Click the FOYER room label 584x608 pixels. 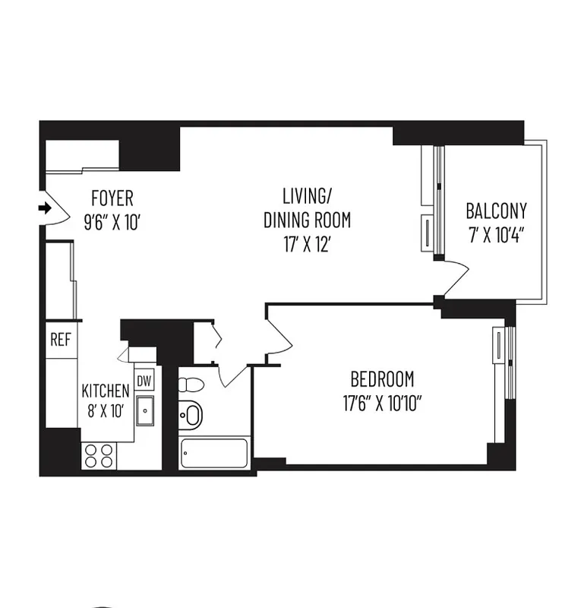(x=112, y=199)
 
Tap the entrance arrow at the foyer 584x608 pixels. (x=45, y=207)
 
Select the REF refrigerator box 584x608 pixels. (x=60, y=339)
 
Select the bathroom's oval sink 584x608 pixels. (x=192, y=415)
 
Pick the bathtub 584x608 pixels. (x=215, y=454)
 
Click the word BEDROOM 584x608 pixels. (x=382, y=378)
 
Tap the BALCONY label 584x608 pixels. (x=496, y=211)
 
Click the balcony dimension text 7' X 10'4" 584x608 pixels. (x=496, y=233)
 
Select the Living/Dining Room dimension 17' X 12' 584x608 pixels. (x=307, y=245)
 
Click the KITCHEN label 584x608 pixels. (x=106, y=391)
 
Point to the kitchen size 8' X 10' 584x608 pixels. (x=106, y=413)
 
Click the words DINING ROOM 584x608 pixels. (x=307, y=220)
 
